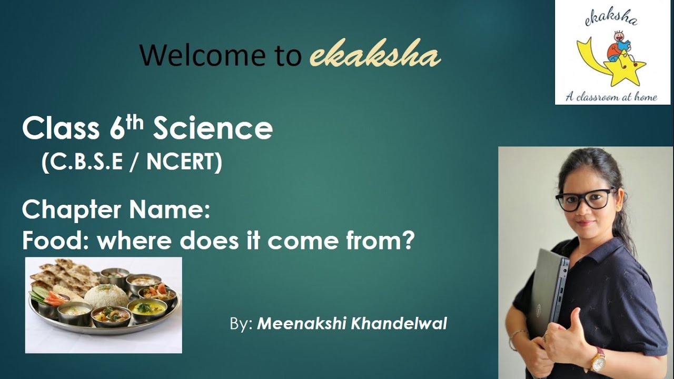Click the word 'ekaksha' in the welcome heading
pyautogui.click(x=375, y=55)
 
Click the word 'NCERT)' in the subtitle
pyautogui.click(x=184, y=163)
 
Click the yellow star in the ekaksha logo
pyautogui.click(x=627, y=71)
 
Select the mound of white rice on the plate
pyautogui.click(x=106, y=295)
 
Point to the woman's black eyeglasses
pyautogui.click(x=585, y=199)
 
